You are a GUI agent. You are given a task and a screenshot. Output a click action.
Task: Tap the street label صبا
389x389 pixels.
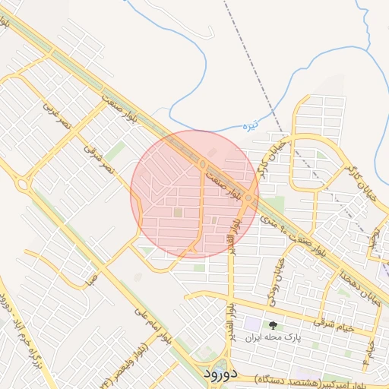(x=92, y=278)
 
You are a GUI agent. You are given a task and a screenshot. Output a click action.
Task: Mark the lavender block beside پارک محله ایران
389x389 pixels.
(x=251, y=334)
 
